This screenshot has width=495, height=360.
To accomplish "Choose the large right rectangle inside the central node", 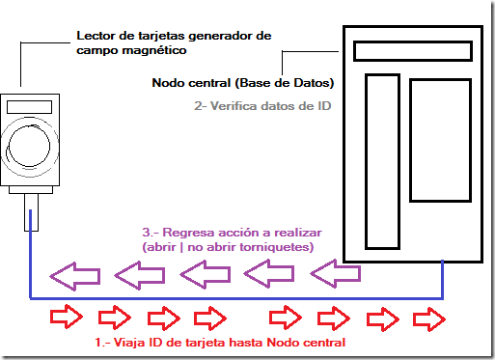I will (439, 139).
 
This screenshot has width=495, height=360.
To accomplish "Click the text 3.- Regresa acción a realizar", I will (231, 233).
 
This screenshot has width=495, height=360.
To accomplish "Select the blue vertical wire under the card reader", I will (31, 261).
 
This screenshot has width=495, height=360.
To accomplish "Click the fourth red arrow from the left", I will (209, 318).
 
